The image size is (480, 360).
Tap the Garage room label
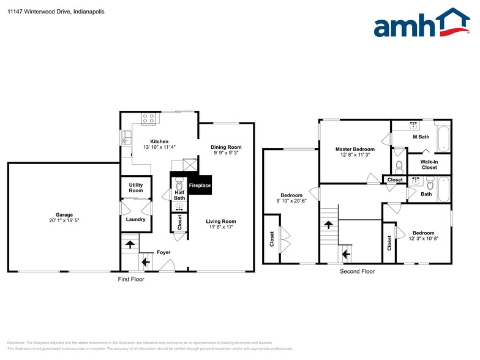(64, 215)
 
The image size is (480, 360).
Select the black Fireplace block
(199, 185)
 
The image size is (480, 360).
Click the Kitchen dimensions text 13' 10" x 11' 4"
(155, 147)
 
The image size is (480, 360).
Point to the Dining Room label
(226, 147)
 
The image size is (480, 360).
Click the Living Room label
(220, 221)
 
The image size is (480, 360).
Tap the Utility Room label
(136, 187)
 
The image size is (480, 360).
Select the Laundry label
(135, 219)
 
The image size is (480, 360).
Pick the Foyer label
(163, 252)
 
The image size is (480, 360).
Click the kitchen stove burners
(149, 118)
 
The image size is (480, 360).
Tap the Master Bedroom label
(354, 149)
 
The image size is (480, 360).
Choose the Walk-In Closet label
(429, 164)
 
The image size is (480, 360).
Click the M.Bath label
(421, 137)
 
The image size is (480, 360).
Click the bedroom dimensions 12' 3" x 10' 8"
(423, 238)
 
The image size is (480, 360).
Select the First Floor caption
(132, 279)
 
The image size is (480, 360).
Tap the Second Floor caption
(357, 271)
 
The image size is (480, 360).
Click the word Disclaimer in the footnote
(16, 342)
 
